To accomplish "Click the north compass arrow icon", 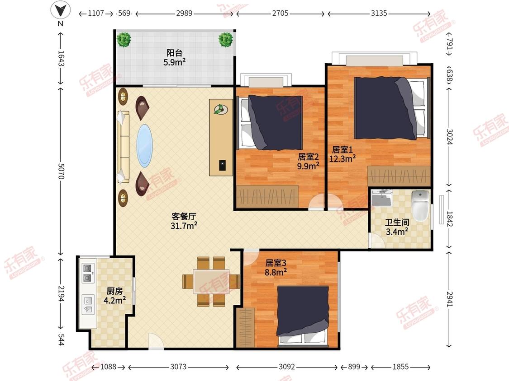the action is [x=60, y=10].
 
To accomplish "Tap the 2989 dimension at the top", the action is [x=184, y=13].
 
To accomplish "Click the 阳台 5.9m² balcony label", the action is [x=175, y=57].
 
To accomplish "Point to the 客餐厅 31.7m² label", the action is [x=184, y=221].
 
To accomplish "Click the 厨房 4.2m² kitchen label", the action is [x=114, y=296].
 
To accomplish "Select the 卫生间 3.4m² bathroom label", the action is [x=397, y=227].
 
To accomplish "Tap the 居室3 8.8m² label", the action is [x=276, y=267].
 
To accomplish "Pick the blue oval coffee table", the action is [x=144, y=146].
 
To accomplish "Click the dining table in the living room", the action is [x=211, y=281].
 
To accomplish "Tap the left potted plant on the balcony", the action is [x=124, y=40].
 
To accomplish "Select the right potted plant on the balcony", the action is [x=225, y=40].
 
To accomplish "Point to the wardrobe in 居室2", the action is [x=267, y=196].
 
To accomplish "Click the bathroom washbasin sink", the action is [x=382, y=198].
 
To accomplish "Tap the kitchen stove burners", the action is [x=87, y=273].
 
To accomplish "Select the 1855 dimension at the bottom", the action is [x=400, y=367].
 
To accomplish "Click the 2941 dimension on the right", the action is [x=449, y=299].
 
